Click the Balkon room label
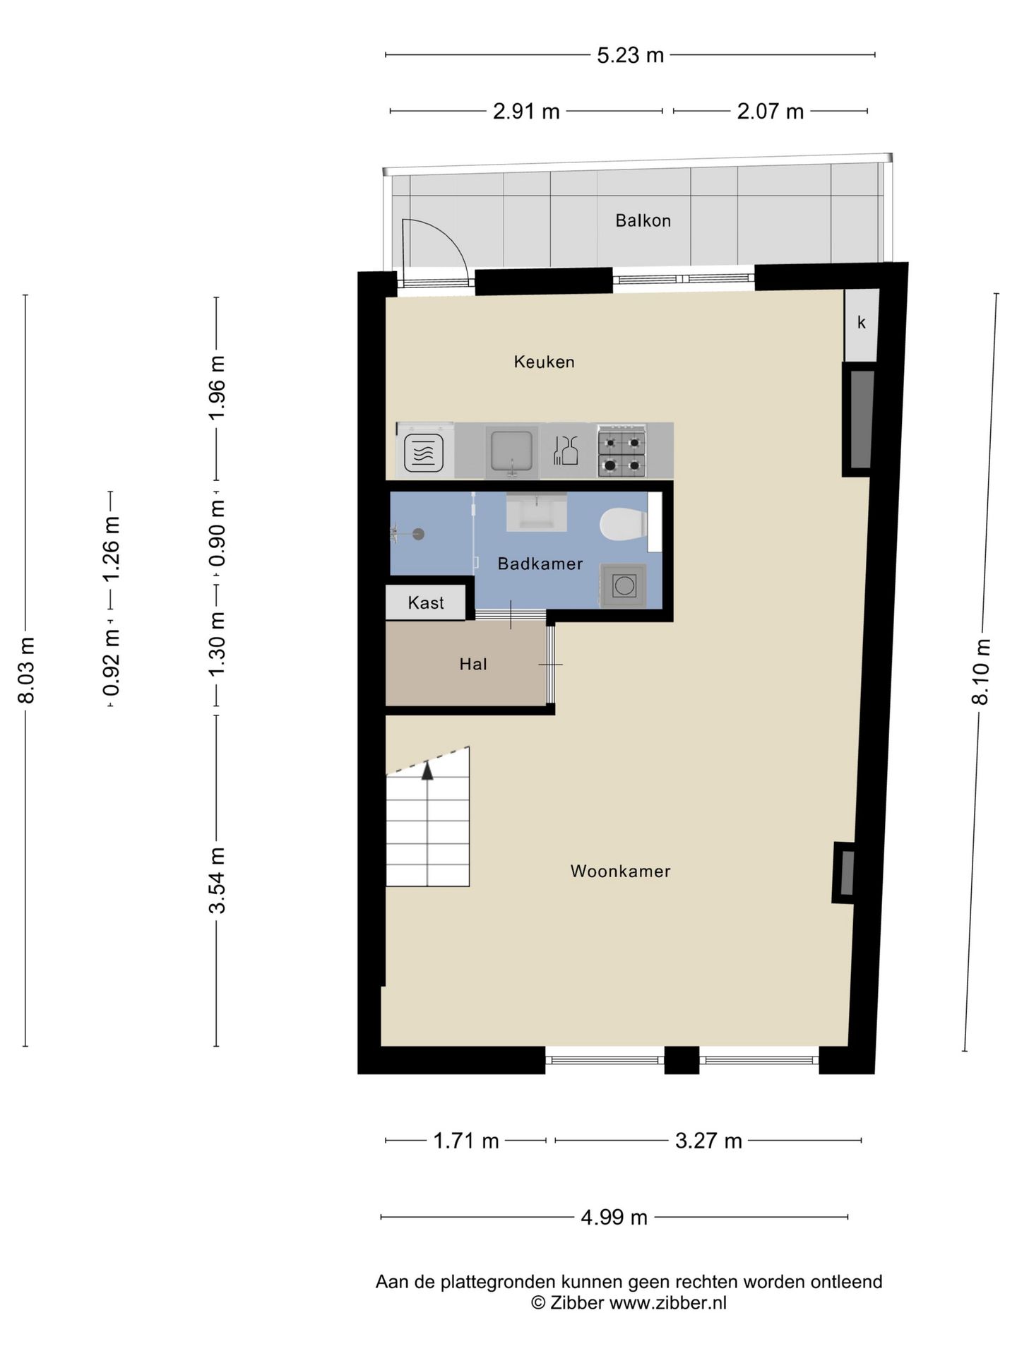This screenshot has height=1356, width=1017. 643,220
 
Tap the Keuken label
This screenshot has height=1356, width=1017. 544,362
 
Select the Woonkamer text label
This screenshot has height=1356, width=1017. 620,871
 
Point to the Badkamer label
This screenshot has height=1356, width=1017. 540,564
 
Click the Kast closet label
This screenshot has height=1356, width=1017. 426,603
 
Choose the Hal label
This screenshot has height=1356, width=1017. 473,664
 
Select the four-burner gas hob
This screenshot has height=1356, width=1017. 622,450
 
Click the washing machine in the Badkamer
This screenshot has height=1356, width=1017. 624,585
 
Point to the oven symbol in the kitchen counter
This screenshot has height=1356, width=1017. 424,453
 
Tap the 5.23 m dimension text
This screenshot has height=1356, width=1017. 630,55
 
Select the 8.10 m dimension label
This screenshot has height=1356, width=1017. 981,671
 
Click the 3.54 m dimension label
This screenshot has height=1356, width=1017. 218,880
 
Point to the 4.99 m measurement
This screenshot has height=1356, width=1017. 614,1218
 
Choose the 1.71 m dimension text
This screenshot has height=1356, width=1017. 466,1141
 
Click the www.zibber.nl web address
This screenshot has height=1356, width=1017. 667,1303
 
